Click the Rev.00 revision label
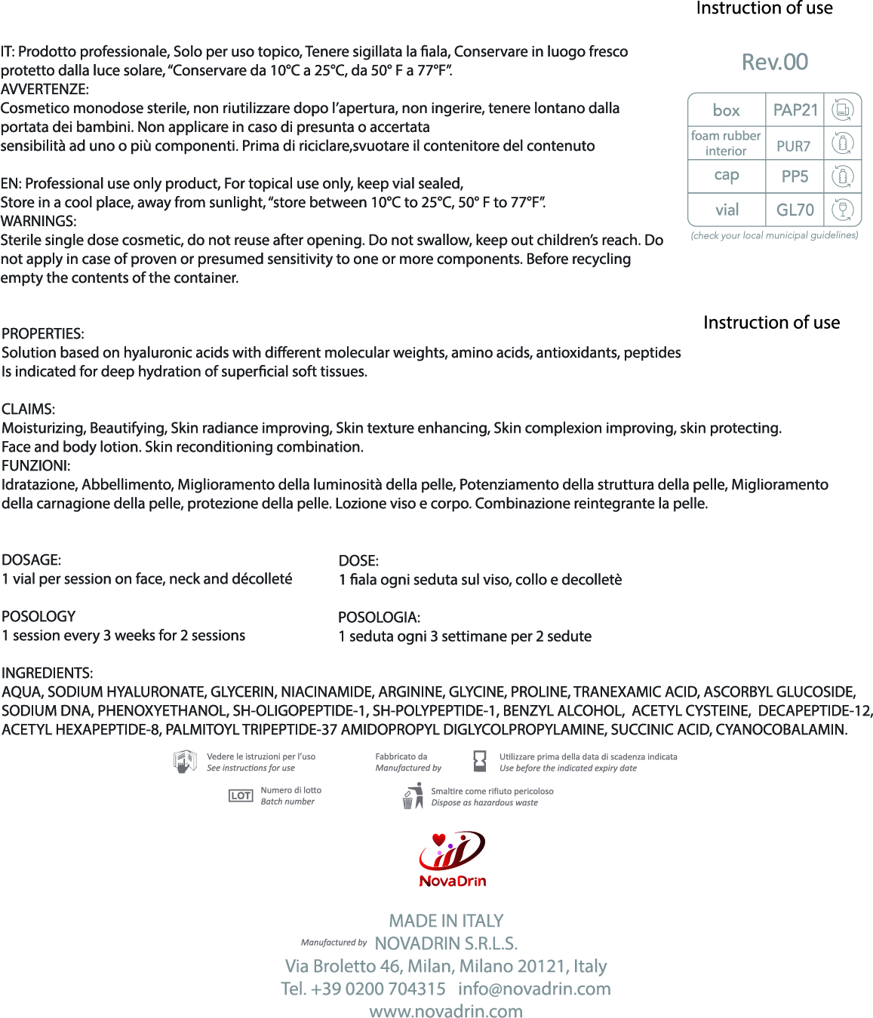774,62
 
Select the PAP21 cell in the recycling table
795,110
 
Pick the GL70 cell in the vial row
795,210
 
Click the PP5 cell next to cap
795,176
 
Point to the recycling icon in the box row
842,110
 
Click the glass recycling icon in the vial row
842,210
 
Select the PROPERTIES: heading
43,333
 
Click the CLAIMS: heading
29,409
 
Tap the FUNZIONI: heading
36,466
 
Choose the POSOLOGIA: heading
379,618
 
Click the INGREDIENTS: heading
48,673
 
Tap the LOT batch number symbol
241,796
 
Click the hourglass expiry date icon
479,762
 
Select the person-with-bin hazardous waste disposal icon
413,796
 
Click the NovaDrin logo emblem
452,851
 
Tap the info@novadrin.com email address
534,989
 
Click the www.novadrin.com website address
446,1011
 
